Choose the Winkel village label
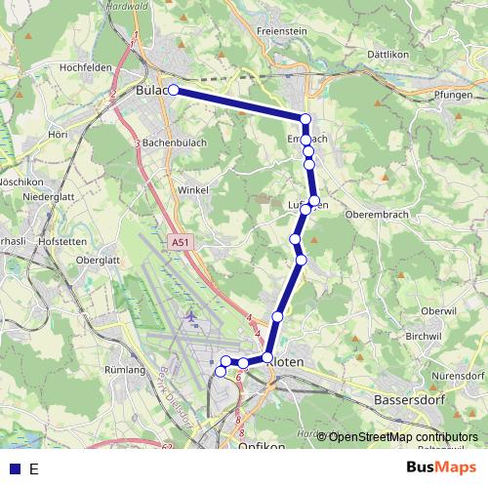[x=194, y=190]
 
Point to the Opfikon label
[x=262, y=446]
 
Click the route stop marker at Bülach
[x=174, y=90]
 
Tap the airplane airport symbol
[x=189, y=318]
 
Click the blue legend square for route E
[x=14, y=469]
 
